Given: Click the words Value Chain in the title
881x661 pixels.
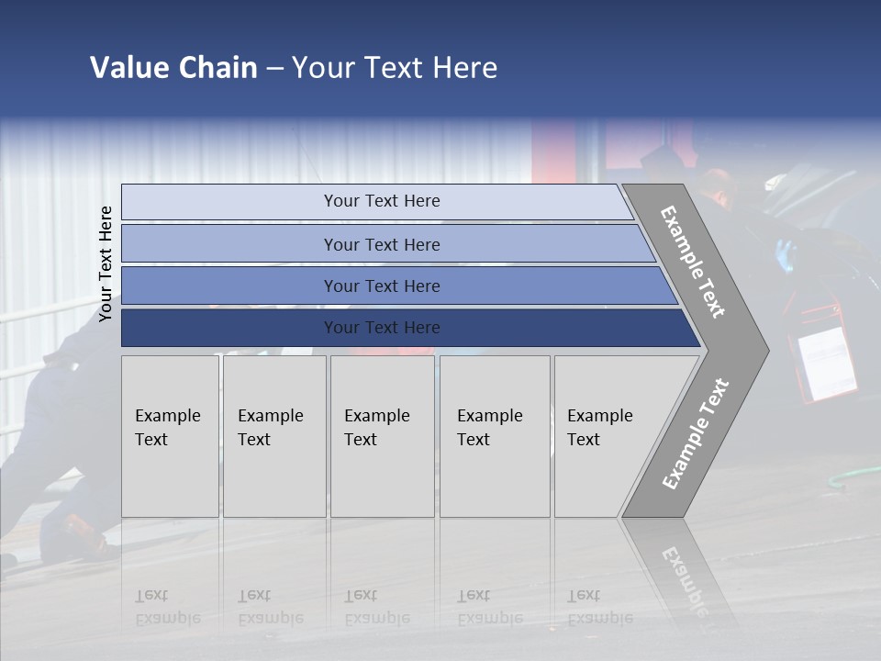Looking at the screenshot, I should (173, 68).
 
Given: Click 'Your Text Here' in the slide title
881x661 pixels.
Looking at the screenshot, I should (394, 68).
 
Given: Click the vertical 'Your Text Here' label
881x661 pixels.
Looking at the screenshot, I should (106, 263).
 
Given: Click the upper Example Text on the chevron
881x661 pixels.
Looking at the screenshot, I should (693, 263).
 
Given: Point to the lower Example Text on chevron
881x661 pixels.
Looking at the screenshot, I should (696, 434).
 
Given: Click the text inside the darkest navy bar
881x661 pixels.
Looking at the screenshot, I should (382, 328).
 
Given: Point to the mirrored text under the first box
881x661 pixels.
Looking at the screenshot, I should (167, 607).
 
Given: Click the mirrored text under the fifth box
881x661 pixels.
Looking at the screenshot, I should (600, 607).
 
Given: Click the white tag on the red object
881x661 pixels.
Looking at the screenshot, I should (827, 363).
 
